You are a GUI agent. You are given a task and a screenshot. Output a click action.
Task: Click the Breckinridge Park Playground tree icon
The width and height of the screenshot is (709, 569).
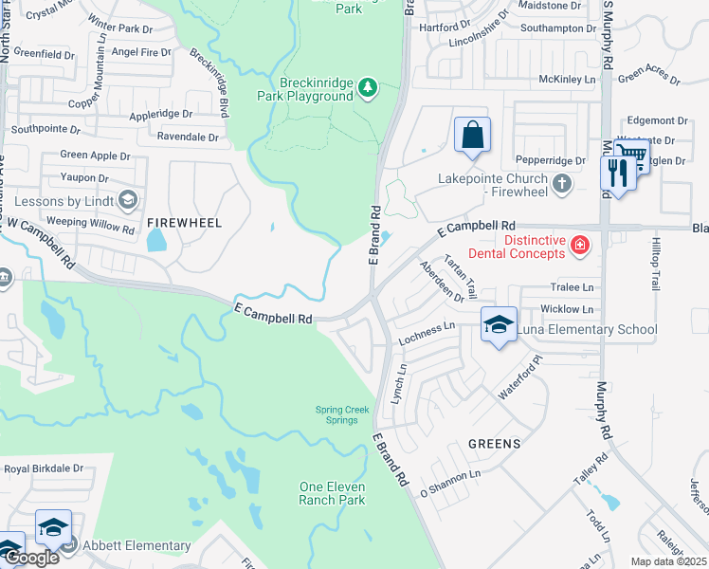point(368,89)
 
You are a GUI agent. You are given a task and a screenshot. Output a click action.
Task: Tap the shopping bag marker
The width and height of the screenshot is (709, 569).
point(472,136)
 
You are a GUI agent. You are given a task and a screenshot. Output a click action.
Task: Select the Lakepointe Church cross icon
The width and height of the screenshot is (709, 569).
point(562,183)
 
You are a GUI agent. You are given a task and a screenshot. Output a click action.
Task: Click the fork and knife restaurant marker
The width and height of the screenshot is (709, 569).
point(618,173)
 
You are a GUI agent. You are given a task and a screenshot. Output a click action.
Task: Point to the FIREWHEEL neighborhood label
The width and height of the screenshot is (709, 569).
point(184,223)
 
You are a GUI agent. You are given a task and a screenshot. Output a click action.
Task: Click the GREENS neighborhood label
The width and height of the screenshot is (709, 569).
point(494,444)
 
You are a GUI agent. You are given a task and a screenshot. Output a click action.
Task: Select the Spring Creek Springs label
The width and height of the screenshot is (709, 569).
point(336,414)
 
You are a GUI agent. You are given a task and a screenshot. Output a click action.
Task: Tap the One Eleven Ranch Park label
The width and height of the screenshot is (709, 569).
point(332,493)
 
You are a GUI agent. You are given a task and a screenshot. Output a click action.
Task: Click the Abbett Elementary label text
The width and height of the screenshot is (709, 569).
point(136,545)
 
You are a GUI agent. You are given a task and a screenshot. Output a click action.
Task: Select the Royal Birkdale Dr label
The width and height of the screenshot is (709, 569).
point(44,468)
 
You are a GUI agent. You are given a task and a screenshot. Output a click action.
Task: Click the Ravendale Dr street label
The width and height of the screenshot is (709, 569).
point(188,137)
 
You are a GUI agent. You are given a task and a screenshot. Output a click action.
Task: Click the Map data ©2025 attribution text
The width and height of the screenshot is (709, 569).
point(668,561)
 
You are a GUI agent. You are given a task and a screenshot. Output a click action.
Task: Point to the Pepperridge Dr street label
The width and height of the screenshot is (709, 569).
point(550,161)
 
